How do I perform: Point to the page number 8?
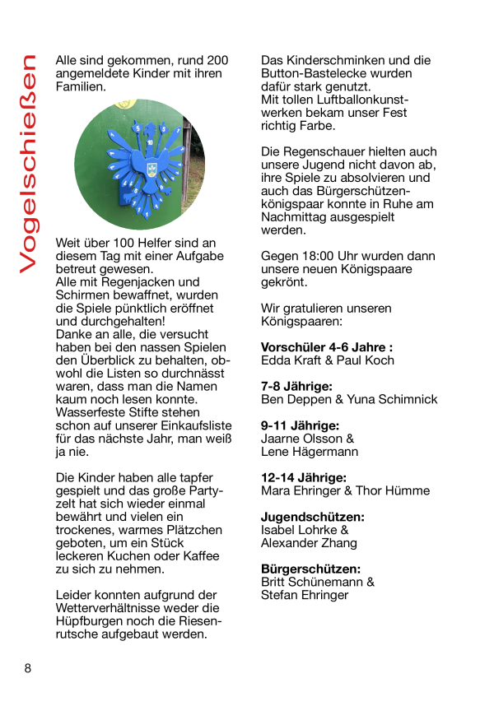click(27, 668)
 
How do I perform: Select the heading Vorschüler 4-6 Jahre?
click(326, 347)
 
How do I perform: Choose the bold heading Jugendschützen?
click(312, 517)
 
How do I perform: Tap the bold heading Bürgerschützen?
click(310, 569)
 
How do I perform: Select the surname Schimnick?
click(408, 399)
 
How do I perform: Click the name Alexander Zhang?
click(309, 543)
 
